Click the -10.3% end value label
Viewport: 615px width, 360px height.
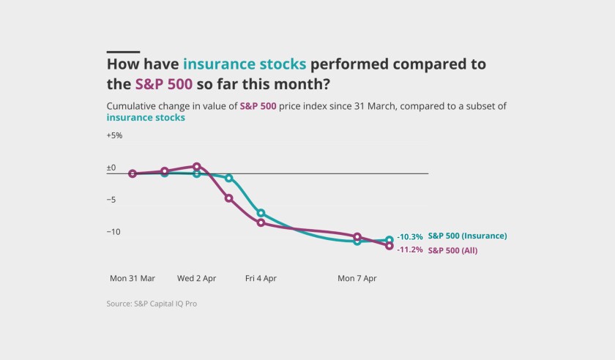coord(410,237)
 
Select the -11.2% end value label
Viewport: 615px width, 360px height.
coord(410,250)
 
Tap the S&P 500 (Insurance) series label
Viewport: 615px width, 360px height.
coord(468,236)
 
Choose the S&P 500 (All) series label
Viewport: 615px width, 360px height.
coord(453,250)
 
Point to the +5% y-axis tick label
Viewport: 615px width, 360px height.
coord(114,135)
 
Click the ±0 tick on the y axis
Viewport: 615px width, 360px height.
coord(111,168)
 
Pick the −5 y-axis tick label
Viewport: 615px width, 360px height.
coord(111,200)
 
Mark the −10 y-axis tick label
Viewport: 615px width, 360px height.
coord(113,232)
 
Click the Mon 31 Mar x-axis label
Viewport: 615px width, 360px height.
coord(133,279)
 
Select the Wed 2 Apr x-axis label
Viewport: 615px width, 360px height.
coord(196,279)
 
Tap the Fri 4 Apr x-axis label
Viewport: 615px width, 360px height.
coord(261,279)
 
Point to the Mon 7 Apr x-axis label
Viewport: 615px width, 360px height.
coord(357,279)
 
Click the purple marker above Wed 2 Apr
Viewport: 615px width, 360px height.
coord(197,167)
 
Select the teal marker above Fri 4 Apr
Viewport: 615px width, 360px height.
coord(261,214)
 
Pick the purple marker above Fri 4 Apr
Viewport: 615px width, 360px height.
coord(261,222)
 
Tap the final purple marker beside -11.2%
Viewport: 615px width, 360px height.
coord(389,246)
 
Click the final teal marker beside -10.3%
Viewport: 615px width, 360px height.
coord(389,240)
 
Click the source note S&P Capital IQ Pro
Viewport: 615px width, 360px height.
coord(152,304)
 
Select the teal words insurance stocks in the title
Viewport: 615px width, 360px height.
coord(245,64)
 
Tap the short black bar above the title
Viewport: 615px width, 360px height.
coord(123,52)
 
